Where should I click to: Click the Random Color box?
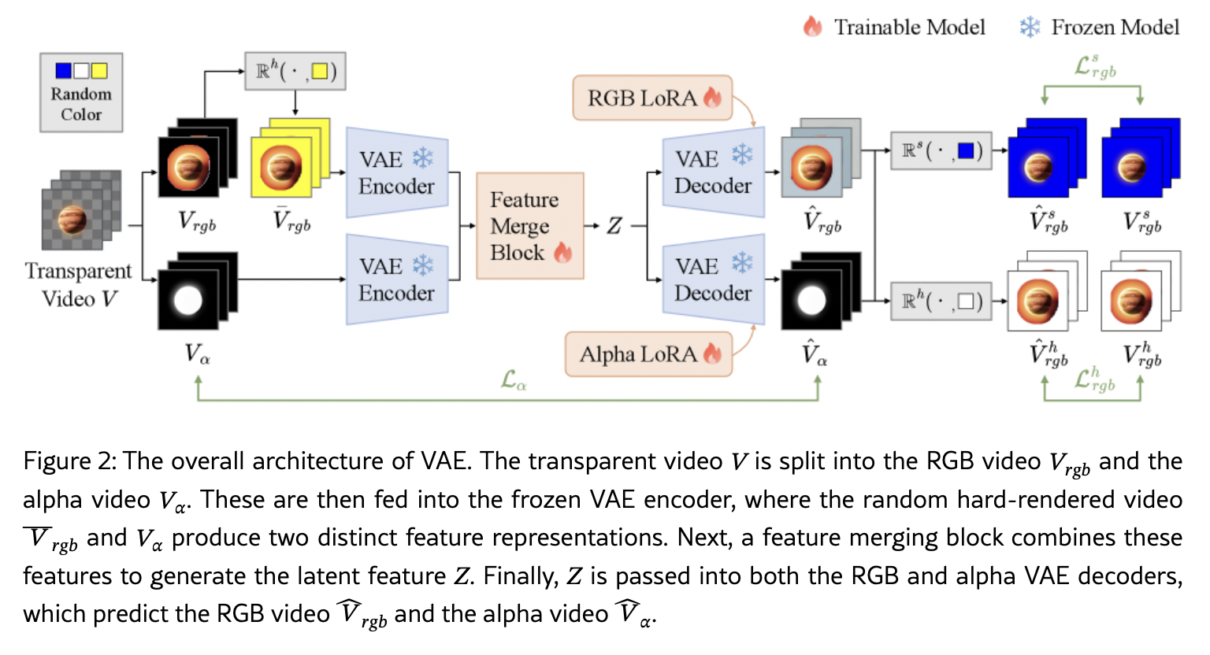point(81,93)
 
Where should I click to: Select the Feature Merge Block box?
point(530,226)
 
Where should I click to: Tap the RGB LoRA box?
point(653,98)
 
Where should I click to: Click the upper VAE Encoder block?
point(397,172)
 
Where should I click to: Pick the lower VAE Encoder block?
point(397,279)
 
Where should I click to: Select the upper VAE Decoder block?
point(713,172)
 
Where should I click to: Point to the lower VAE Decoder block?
point(713,279)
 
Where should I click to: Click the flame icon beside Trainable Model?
point(812,27)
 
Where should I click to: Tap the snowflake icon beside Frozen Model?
point(1029,28)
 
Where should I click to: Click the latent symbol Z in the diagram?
point(614,227)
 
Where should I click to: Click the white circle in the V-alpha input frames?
point(187,300)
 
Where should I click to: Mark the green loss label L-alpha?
point(514,382)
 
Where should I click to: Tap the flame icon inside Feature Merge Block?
point(562,252)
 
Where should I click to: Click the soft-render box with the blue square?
point(941,150)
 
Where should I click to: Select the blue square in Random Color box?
point(63,71)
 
